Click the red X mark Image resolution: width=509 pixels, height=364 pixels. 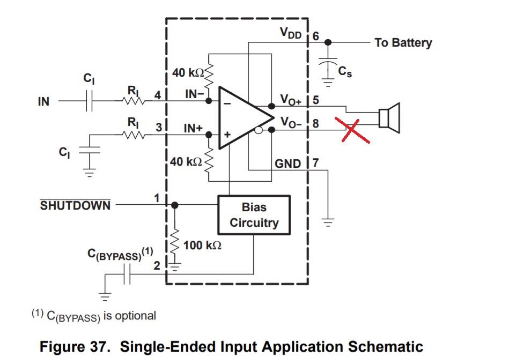(351, 129)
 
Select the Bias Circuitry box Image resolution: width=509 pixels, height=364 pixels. (254, 215)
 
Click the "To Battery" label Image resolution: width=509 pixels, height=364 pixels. (403, 43)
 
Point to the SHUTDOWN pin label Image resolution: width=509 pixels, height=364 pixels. (75, 205)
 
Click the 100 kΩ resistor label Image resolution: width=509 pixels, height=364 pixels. (202, 246)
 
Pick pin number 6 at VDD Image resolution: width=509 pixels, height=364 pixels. (315, 36)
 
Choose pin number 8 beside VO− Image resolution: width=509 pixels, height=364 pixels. (315, 124)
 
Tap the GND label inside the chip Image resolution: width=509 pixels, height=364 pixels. (288, 164)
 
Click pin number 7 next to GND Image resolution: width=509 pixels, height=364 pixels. (315, 163)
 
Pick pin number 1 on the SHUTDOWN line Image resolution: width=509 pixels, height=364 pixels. (157, 198)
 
